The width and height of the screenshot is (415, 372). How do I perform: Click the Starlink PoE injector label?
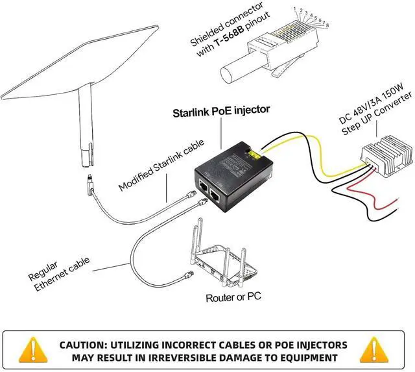click(220, 111)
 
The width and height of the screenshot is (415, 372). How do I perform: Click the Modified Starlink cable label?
click(161, 165)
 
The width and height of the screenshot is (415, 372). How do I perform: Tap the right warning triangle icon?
click(387, 351)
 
